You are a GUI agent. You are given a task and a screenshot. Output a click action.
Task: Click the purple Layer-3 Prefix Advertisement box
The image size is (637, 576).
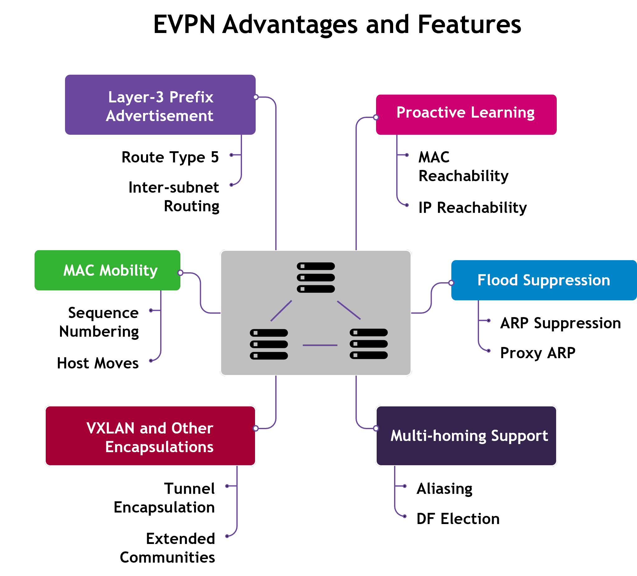pyautogui.click(x=160, y=105)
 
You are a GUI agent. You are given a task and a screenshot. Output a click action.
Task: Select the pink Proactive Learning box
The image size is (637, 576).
pyautogui.click(x=466, y=115)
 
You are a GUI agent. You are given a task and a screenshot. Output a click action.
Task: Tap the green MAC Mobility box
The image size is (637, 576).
pyautogui.click(x=107, y=270)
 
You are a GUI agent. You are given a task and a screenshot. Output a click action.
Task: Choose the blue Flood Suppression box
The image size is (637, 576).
pyautogui.click(x=543, y=280)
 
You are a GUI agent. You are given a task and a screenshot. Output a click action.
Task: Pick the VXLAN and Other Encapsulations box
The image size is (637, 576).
pyautogui.click(x=151, y=436)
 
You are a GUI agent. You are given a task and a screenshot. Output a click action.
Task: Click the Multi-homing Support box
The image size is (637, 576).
pyautogui.click(x=466, y=436)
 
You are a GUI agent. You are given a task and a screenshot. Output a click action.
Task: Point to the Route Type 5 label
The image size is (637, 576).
pyautogui.click(x=170, y=157)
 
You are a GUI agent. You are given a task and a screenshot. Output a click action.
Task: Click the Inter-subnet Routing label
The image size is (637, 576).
pyautogui.click(x=174, y=197)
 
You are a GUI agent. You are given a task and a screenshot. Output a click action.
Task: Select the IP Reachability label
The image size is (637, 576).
pyautogui.click(x=472, y=208)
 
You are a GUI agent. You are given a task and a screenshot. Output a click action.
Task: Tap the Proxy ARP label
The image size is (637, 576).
pyautogui.click(x=537, y=353)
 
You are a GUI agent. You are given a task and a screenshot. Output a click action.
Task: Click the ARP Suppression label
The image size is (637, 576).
pyautogui.click(x=560, y=323)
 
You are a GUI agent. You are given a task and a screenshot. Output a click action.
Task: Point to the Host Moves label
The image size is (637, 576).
pyautogui.click(x=98, y=363)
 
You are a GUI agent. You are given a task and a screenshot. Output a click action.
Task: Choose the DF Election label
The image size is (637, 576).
pyautogui.click(x=458, y=519)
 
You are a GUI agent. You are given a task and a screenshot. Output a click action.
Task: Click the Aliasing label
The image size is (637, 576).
pyautogui.click(x=444, y=489)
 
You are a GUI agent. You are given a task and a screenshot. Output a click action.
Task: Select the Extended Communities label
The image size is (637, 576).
pyautogui.click(x=167, y=548)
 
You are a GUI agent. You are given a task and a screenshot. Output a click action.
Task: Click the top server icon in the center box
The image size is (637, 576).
pyautogui.click(x=316, y=277)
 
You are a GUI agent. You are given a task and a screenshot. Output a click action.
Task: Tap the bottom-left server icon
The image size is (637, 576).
pyautogui.click(x=268, y=344)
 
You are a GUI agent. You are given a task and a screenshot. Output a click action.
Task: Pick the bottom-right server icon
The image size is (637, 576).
pyautogui.click(x=369, y=344)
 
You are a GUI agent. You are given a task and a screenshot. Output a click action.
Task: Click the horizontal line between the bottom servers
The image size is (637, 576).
pyautogui.click(x=320, y=345)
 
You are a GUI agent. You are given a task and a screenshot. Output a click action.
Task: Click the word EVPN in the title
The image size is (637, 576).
pyautogui.click(x=184, y=24)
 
